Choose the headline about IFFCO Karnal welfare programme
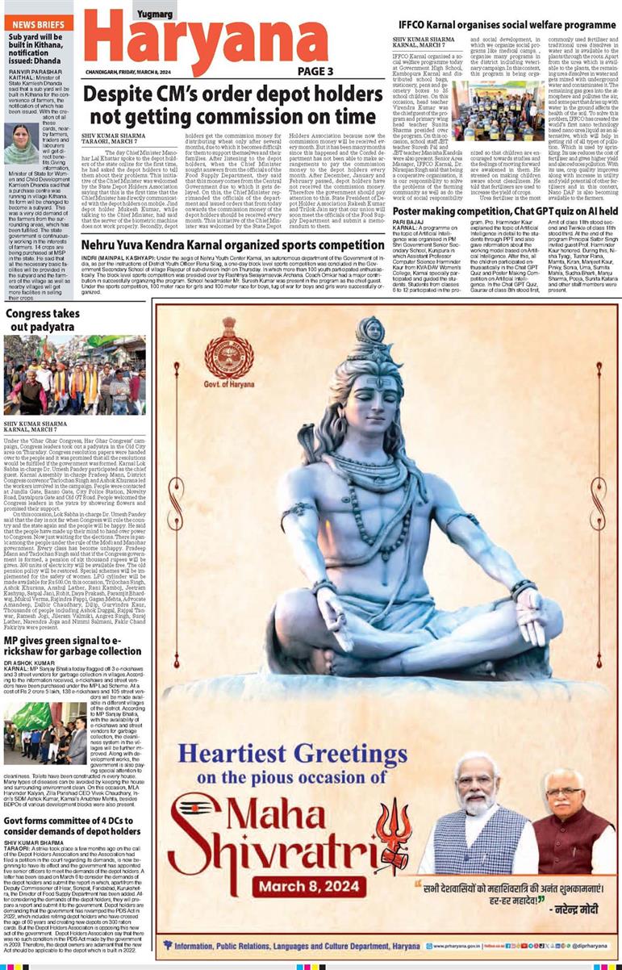pyautogui.click(x=506, y=26)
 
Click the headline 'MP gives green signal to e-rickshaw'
pyautogui.click(x=73, y=646)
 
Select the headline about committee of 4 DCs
pyautogui.click(x=73, y=826)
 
